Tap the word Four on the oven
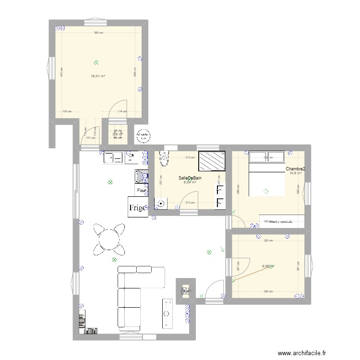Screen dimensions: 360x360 click(x=141, y=191)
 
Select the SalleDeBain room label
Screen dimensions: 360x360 click(x=190, y=178)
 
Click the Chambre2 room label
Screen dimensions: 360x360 click(x=295, y=169)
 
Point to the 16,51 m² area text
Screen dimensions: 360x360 click(x=98, y=76)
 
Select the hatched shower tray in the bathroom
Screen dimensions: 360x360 click(x=212, y=160)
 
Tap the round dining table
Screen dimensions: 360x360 click(x=109, y=239)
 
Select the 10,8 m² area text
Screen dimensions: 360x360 click(x=295, y=174)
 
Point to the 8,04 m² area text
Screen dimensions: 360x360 click(x=190, y=182)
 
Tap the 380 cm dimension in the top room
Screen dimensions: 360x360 click(x=98, y=33)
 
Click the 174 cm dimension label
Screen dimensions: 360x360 click(x=122, y=111)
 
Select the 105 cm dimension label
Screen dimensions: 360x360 click(x=67, y=111)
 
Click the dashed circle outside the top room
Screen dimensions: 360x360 click(x=143, y=136)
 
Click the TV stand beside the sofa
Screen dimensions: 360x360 click(x=168, y=315)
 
